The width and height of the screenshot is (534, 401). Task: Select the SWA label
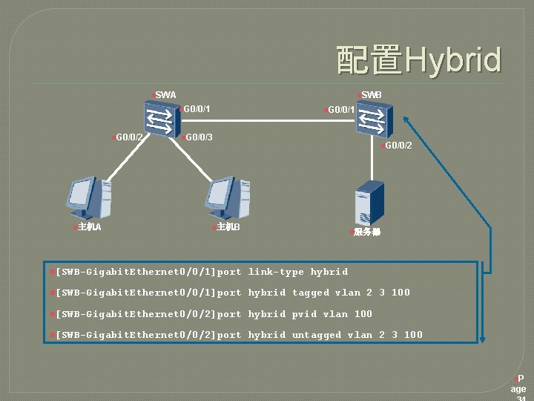(166, 95)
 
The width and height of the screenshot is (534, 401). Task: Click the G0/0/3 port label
(199, 137)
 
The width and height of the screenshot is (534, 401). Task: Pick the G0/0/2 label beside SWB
(398, 146)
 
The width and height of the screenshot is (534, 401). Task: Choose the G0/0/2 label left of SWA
(129, 137)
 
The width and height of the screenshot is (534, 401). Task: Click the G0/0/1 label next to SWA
(197, 110)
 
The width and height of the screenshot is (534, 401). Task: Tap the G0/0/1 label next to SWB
(341, 110)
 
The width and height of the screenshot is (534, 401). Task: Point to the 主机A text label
(89, 227)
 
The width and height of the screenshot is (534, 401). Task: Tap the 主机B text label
(228, 227)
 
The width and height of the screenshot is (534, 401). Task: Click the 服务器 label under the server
(367, 232)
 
